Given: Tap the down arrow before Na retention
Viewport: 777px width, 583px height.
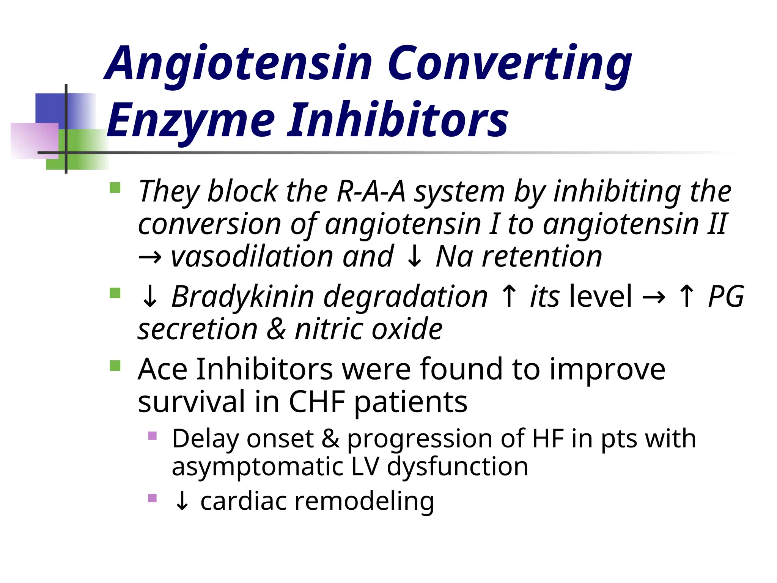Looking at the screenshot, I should pyautogui.click(x=414, y=257).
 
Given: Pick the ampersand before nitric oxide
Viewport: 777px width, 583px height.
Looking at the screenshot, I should pyautogui.click(x=276, y=329).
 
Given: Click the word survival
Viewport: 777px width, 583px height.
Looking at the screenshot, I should pyautogui.click(x=192, y=402).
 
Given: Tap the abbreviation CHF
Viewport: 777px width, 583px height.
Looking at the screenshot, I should pyautogui.click(x=317, y=402).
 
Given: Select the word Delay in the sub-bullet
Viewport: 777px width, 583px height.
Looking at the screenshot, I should pyautogui.click(x=205, y=439).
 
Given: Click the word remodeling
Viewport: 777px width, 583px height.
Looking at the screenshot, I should pyautogui.click(x=364, y=501).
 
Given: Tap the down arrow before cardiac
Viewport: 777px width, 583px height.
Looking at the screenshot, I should pyautogui.click(x=182, y=501).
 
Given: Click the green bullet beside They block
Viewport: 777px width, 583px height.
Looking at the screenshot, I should pyautogui.click(x=115, y=188).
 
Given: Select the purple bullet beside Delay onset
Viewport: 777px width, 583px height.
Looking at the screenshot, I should pyautogui.click(x=153, y=435).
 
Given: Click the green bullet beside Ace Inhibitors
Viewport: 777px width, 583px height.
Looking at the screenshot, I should pyautogui.click(x=115, y=366).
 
